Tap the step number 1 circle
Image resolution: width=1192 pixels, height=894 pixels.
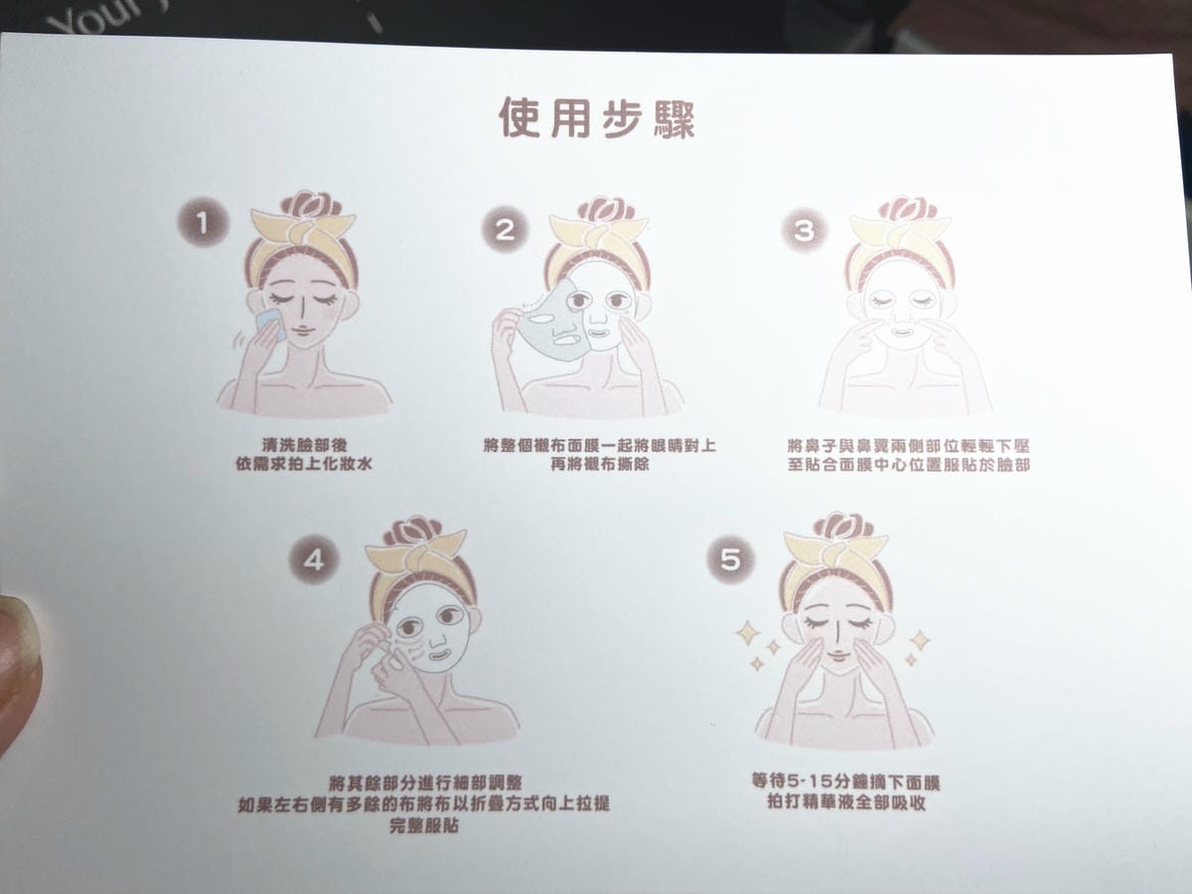click(203, 223)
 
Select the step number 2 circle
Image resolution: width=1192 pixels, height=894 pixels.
click(505, 229)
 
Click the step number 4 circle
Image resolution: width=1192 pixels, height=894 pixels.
click(314, 559)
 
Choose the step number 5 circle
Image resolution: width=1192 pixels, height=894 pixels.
click(730, 559)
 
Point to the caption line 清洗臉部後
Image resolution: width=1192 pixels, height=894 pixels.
click(304, 445)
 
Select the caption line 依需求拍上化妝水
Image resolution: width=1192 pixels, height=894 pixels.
click(304, 464)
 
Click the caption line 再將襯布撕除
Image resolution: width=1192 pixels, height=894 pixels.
click(600, 465)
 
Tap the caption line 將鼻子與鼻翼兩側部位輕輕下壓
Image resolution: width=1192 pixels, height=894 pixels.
click(909, 446)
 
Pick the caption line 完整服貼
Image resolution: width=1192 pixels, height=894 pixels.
click(424, 825)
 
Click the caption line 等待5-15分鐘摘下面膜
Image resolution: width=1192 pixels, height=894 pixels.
click(845, 782)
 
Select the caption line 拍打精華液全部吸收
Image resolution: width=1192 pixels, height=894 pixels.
click(846, 802)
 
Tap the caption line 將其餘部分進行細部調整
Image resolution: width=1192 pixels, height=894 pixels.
click(425, 784)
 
